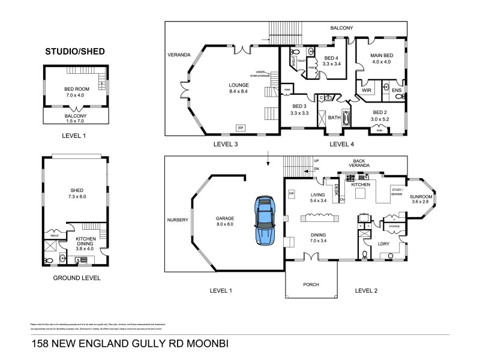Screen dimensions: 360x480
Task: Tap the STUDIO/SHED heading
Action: [x=75, y=52]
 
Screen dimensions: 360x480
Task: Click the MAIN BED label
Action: [x=381, y=58]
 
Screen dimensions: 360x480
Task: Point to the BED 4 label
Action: [x=331, y=59]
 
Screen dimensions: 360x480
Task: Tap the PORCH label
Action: [x=311, y=284]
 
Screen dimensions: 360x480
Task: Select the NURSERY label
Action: [x=178, y=220]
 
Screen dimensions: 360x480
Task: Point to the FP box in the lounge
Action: [x=241, y=128]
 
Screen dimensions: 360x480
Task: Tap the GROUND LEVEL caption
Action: [x=76, y=278]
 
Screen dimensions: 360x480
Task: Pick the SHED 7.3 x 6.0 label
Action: [x=76, y=193]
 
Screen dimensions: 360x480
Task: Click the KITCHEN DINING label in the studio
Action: [x=84, y=241]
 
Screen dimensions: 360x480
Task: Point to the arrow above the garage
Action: [x=269, y=158]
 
